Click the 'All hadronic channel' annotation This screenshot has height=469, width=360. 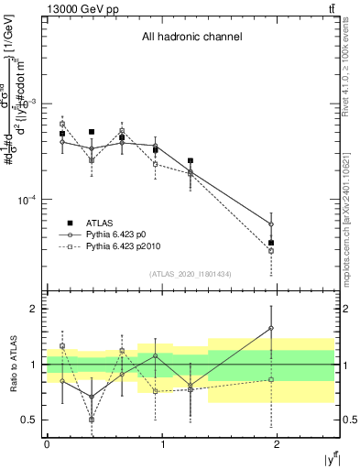coord(191,38)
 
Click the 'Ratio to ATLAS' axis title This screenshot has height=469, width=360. coord(12,364)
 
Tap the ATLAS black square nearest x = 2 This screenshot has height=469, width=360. coord(271,243)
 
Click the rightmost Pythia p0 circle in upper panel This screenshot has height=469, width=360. coord(271,224)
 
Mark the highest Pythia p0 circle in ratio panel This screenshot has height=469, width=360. coord(271,328)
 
